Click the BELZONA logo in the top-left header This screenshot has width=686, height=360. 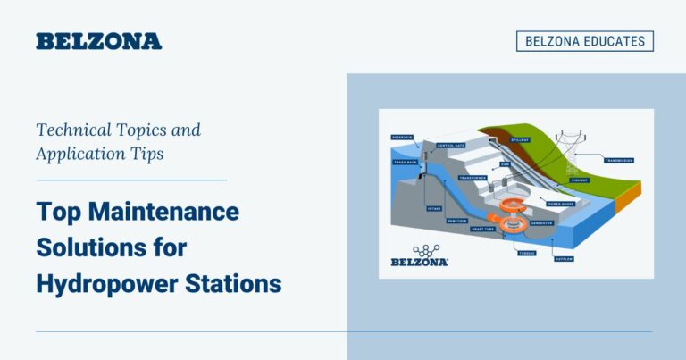coord(98,41)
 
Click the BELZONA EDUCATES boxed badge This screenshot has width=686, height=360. coord(584,41)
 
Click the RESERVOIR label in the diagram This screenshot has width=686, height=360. coord(403,138)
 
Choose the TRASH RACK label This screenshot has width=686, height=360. coord(405,162)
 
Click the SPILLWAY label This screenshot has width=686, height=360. coord(520,140)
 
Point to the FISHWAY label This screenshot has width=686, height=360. coord(580,179)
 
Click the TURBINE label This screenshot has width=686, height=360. coord(527,252)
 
